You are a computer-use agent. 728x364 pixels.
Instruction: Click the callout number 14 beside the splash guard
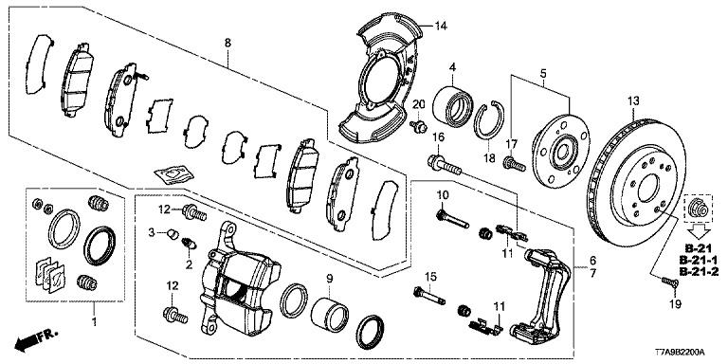tap(440, 26)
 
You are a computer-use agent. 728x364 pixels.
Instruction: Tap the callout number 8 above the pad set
tap(227, 44)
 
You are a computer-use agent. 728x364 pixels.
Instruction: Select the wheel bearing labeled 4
tap(452, 107)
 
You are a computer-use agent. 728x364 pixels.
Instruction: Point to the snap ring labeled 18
tap(488, 120)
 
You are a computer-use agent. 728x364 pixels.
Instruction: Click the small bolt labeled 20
tap(418, 126)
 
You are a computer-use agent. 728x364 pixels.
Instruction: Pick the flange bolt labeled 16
tap(444, 166)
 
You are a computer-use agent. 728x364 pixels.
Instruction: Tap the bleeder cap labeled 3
tap(173, 233)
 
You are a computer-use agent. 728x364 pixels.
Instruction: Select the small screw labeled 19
tap(668, 282)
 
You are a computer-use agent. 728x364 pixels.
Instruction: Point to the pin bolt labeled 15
tap(428, 296)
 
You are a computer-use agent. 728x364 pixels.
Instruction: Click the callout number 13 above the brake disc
tap(633, 100)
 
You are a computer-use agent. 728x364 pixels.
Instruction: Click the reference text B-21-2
tap(699, 272)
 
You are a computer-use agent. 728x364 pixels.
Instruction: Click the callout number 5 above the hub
tap(543, 73)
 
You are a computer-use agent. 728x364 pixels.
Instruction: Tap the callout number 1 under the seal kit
tap(95, 321)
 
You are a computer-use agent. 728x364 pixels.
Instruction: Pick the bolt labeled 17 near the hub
tap(515, 164)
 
